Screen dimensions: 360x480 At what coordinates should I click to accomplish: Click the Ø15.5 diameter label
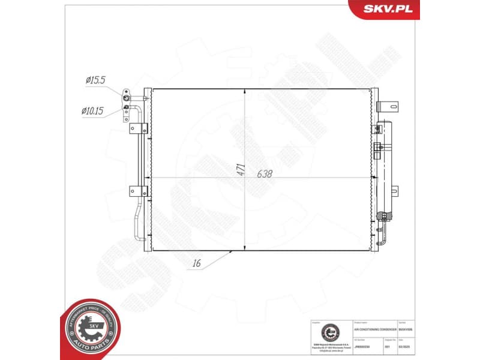click(x=95, y=79)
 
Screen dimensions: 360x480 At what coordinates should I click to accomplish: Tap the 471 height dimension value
click(x=239, y=169)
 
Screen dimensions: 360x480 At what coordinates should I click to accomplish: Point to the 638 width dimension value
click(x=264, y=175)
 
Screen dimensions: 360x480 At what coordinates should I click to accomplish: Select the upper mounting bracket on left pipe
click(x=139, y=128)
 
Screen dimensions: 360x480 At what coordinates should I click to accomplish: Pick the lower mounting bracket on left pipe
click(x=139, y=191)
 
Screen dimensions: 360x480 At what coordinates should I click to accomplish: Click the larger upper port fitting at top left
click(x=127, y=95)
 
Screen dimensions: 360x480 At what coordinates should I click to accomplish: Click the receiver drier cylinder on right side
click(x=383, y=168)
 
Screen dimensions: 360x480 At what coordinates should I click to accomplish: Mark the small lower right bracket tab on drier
click(x=394, y=191)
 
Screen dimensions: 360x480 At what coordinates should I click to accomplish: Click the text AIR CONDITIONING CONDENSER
click(x=375, y=330)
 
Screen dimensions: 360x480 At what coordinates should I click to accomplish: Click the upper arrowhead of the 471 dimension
click(x=245, y=92)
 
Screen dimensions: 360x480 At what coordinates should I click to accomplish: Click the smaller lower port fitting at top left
click(x=127, y=108)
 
